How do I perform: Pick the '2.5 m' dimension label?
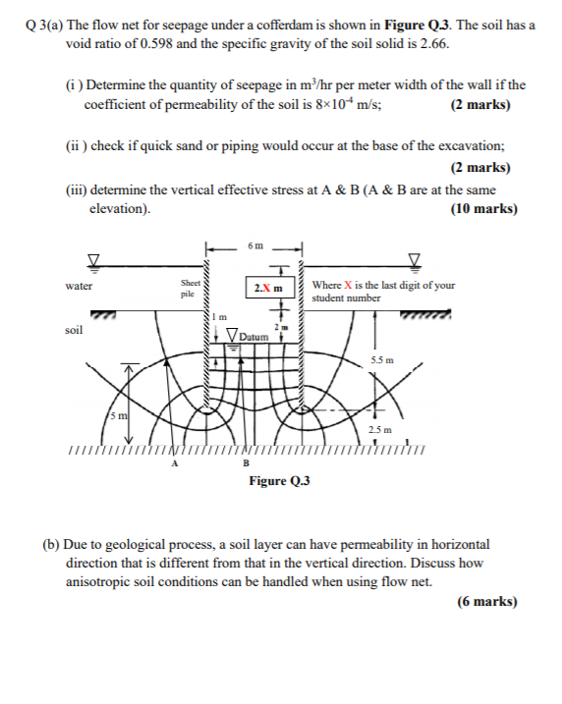point(379,429)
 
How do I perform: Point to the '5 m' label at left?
point(118,417)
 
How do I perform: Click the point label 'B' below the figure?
point(245,463)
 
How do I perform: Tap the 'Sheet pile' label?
point(189,288)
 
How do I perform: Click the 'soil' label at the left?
point(73,330)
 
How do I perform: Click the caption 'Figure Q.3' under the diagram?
point(280,481)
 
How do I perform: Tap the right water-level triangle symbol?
point(415,259)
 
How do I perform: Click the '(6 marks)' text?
point(486,602)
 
